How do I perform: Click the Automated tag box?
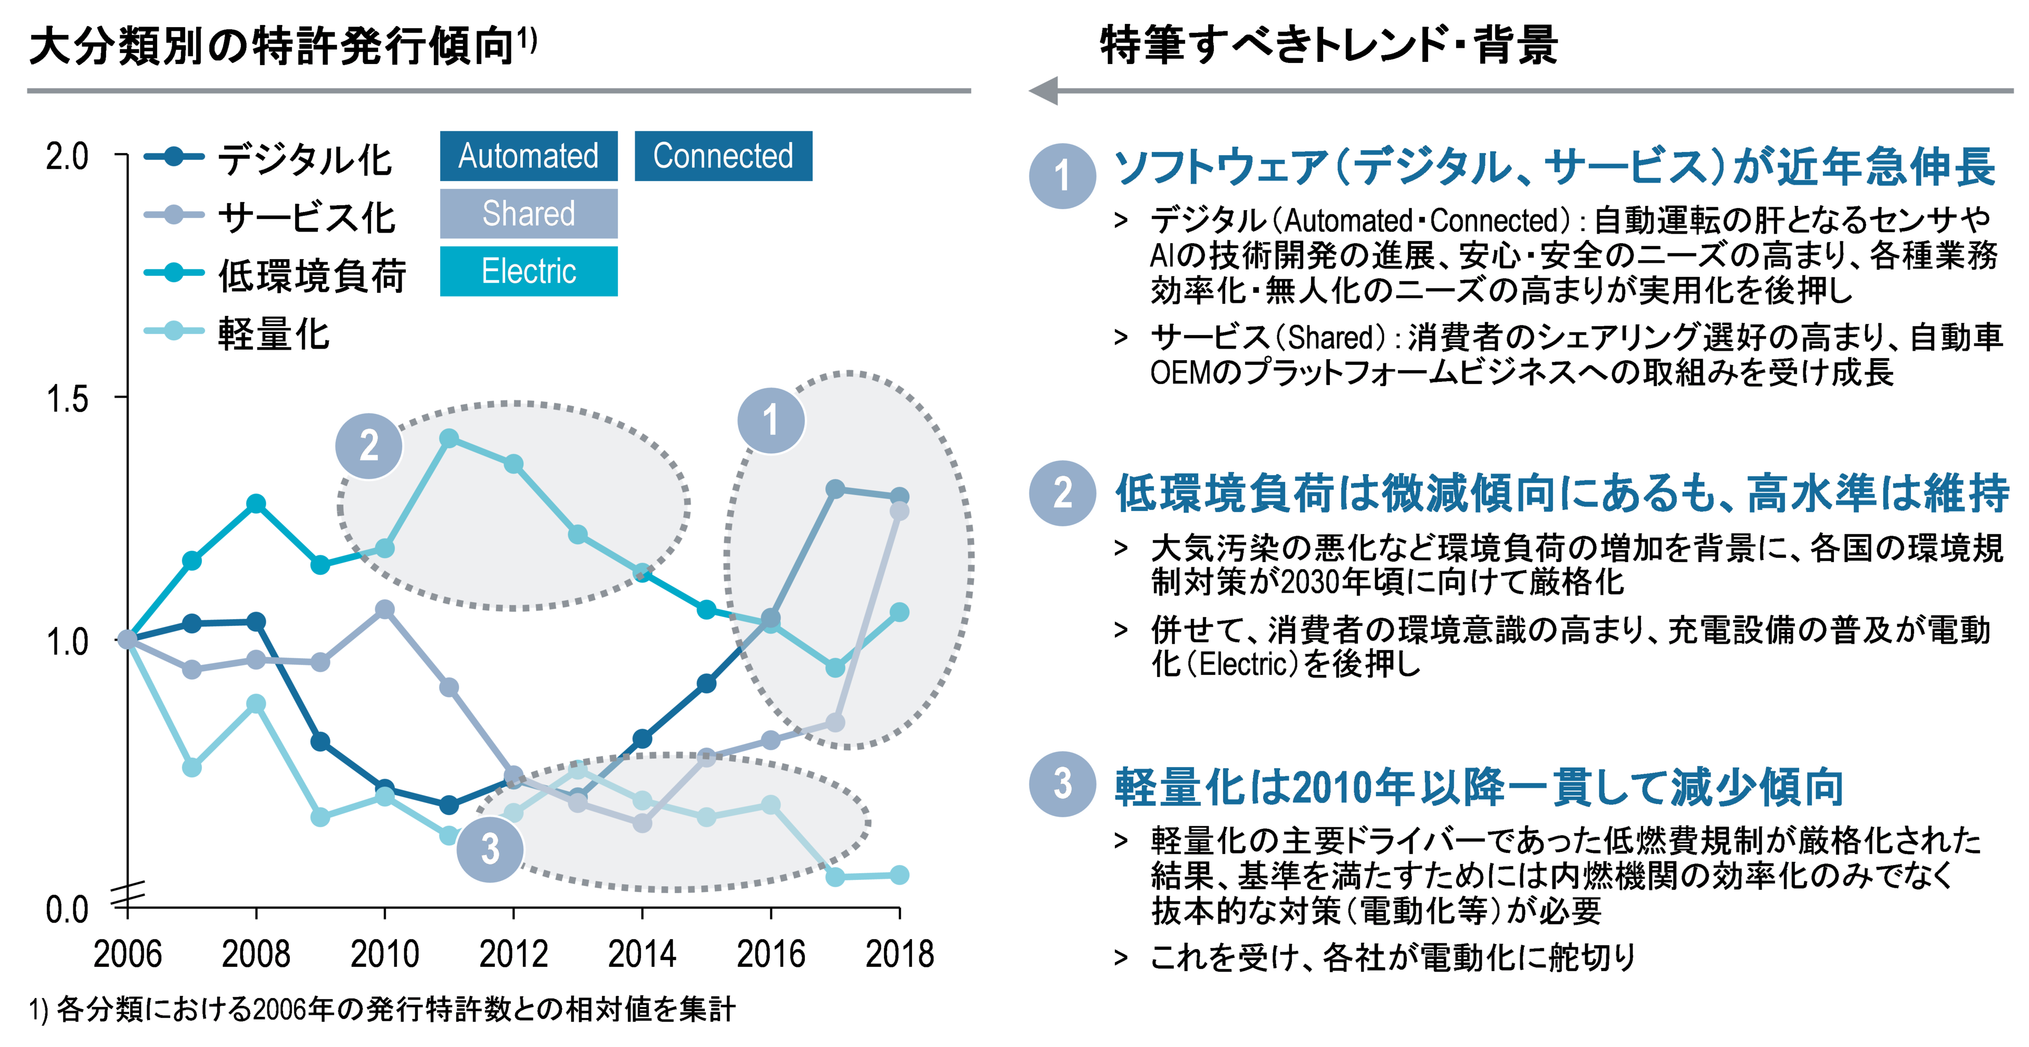tap(529, 156)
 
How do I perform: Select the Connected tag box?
tap(723, 156)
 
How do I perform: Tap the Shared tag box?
tap(529, 213)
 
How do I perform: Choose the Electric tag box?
tap(529, 272)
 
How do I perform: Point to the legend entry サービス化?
tap(305, 216)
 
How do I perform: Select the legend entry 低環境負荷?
tap(311, 275)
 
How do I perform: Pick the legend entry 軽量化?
tap(273, 333)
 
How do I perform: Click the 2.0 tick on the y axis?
tap(67, 157)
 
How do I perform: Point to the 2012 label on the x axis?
tap(513, 954)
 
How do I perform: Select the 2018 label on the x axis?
tap(900, 954)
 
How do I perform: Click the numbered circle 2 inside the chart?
tap(369, 446)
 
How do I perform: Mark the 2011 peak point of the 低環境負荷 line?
tap(449, 439)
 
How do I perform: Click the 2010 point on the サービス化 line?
tap(384, 609)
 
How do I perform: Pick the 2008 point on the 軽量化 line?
tap(256, 704)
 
